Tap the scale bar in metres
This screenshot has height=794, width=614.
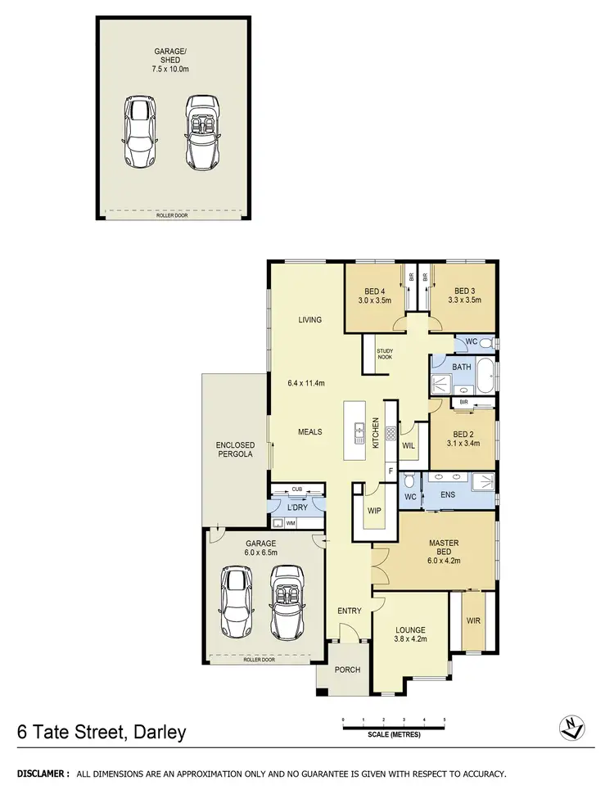[x=394, y=723]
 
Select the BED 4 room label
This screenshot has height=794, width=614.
[x=376, y=291]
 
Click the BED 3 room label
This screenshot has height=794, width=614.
[x=465, y=291]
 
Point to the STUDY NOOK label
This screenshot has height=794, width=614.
[x=385, y=354]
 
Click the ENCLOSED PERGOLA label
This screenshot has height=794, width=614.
[x=234, y=449]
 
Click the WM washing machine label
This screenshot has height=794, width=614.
[x=291, y=521]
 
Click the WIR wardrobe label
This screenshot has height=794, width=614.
[x=473, y=620]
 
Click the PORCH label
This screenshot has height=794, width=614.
[x=347, y=670]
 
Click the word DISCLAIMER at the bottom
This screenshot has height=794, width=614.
[x=38, y=774]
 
